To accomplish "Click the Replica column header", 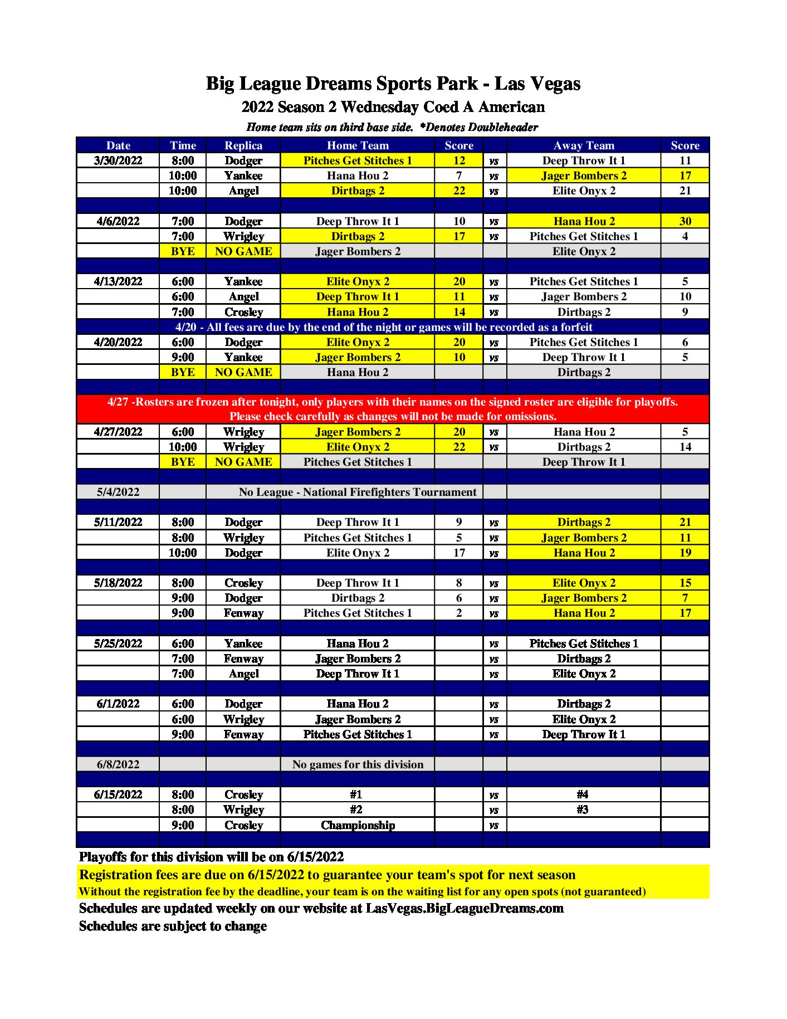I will tap(243, 145).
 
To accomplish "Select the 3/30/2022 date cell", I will tap(118, 160).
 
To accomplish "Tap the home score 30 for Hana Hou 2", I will tap(685, 221).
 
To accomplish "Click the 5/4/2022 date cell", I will tap(118, 492).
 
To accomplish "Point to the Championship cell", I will tap(358, 825).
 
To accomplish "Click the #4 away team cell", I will tap(583, 794).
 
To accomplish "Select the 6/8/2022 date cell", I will tap(118, 764).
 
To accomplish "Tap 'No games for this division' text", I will tap(358, 764).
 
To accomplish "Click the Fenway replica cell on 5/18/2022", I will tap(243, 613).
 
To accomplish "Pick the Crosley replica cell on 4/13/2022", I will tap(243, 312).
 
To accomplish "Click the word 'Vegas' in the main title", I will tap(553, 84).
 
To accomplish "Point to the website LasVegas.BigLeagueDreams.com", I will tap(464, 909).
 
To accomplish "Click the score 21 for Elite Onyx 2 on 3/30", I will tap(685, 191).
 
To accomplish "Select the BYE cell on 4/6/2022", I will tap(183, 251).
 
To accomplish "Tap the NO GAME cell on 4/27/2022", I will tap(243, 462).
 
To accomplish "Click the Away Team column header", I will tap(584, 145).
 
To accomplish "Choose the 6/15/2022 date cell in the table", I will tap(118, 794).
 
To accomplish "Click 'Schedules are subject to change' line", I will tap(173, 926).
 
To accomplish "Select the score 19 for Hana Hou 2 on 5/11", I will tap(685, 553).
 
